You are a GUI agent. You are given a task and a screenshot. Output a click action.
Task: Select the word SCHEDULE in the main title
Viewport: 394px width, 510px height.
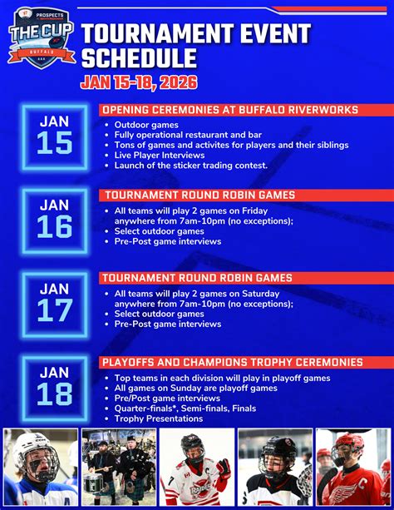click(x=139, y=58)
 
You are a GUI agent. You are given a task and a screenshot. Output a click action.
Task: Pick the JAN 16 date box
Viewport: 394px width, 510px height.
click(x=55, y=220)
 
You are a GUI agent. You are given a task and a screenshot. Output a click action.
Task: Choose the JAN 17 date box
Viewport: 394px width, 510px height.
click(x=55, y=304)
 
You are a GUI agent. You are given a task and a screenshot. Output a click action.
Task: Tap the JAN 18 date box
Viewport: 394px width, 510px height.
click(x=55, y=388)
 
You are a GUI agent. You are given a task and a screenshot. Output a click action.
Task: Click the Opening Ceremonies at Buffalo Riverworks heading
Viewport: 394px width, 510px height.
click(x=229, y=111)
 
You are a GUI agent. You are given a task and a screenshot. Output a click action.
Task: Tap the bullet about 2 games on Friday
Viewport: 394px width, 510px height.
click(x=203, y=216)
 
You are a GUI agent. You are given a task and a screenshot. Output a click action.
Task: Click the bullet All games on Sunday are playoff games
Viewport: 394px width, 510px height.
click(x=195, y=388)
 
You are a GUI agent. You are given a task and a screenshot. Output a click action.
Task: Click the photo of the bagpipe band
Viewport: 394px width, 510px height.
click(x=119, y=468)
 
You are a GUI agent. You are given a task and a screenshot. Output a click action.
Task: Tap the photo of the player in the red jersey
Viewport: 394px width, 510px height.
click(x=353, y=468)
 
